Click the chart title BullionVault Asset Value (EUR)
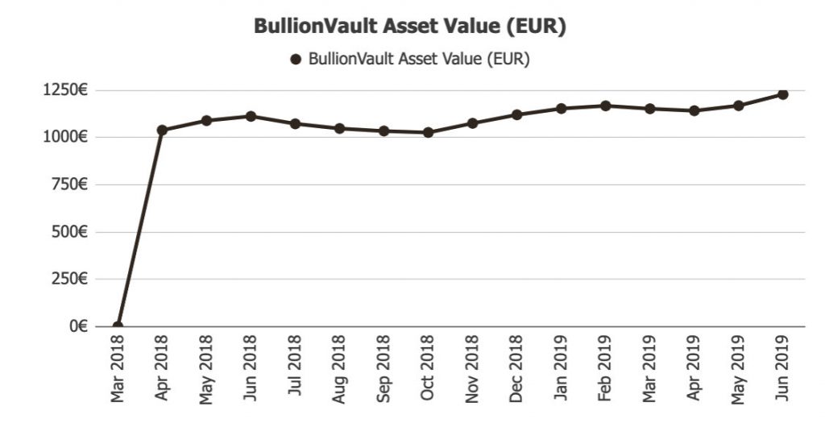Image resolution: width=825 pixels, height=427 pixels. point(410,26)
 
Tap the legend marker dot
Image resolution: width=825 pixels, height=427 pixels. point(296,59)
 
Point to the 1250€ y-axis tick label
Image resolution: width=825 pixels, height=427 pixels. point(67,90)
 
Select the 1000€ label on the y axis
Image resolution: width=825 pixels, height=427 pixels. point(67,137)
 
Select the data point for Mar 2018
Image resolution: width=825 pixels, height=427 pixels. point(118,326)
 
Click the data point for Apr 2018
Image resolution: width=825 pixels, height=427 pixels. point(162,130)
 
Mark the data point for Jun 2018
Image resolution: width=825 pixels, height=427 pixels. point(251,116)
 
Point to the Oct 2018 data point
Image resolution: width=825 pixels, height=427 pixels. point(428,132)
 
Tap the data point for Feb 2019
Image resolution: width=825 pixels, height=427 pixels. point(605,106)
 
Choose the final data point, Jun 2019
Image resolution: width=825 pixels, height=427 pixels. point(782,94)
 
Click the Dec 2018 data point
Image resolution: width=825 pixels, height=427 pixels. point(516,114)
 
